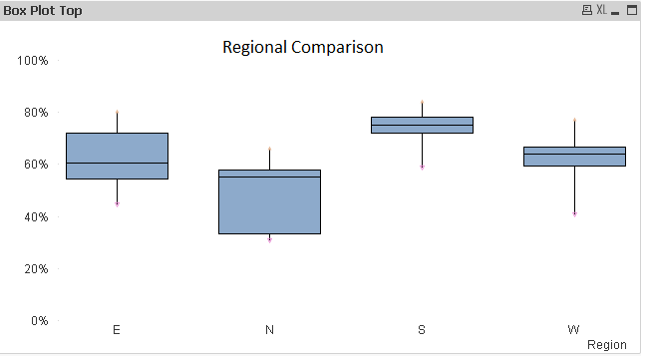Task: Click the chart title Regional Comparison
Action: click(x=302, y=47)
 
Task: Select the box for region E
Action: click(x=117, y=156)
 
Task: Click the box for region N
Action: click(x=269, y=201)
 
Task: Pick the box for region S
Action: click(x=422, y=125)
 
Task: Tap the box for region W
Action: click(x=574, y=157)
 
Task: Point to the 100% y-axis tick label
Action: click(x=32, y=61)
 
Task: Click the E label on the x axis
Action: click(x=117, y=330)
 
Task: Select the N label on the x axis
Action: click(x=269, y=330)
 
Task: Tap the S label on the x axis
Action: click(x=422, y=330)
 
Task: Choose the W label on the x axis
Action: click(x=574, y=330)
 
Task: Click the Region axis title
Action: click(x=607, y=345)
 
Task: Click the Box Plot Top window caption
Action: click(x=43, y=10)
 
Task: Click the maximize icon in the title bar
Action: click(x=631, y=10)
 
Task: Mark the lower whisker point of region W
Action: click(x=574, y=213)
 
